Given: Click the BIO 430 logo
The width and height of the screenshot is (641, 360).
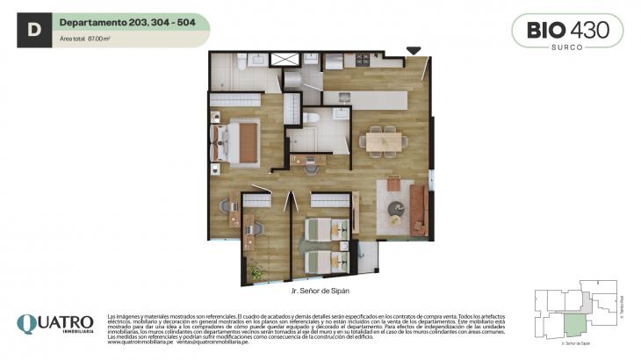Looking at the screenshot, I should [x=567, y=29].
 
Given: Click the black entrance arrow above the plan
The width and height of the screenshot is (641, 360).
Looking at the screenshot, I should [x=414, y=52].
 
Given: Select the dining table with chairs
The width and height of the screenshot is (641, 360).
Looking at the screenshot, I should [x=384, y=140].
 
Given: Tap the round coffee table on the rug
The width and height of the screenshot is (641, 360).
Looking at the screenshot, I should [x=398, y=209].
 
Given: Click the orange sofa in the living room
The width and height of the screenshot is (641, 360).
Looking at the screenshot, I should [x=421, y=210].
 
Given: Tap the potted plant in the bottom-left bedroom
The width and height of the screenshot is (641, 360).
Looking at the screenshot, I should [x=256, y=275].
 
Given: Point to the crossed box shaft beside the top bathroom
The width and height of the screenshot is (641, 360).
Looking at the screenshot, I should [x=285, y=60].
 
